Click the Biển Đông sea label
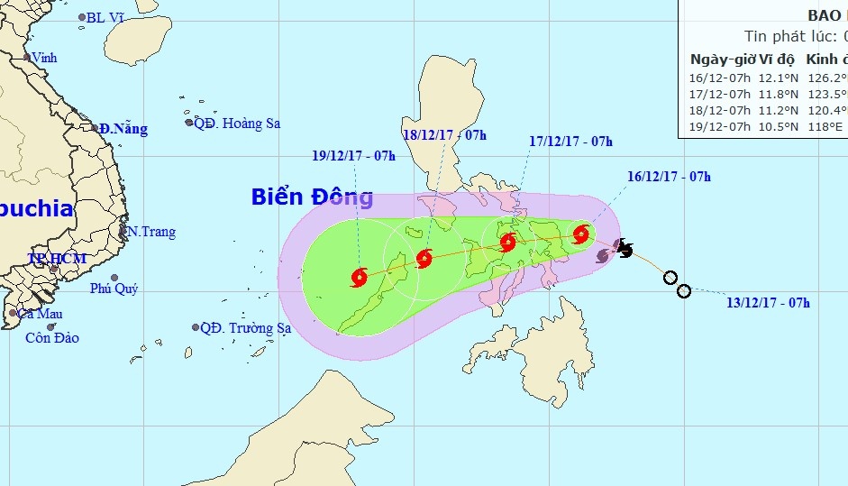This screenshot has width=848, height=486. pyautogui.click(x=312, y=197)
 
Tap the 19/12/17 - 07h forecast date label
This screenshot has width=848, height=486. pyautogui.click(x=354, y=155)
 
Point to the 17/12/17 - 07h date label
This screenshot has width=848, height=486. pyautogui.click(x=571, y=142)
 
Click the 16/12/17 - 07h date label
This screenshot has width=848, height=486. pyautogui.click(x=669, y=176)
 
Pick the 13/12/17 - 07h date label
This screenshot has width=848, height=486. pyautogui.click(x=768, y=303)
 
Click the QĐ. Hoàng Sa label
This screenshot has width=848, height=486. pyautogui.click(x=238, y=124)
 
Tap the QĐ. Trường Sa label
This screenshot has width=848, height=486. pyautogui.click(x=245, y=328)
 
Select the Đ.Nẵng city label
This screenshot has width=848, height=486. pyautogui.click(x=123, y=129)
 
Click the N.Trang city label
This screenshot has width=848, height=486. pyautogui.click(x=151, y=232)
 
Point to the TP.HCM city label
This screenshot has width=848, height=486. pyautogui.click(x=57, y=259)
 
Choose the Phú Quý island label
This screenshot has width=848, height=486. pyautogui.click(x=114, y=289)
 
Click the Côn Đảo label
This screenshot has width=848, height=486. pyautogui.click(x=52, y=338)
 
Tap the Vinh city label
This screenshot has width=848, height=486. pyautogui.click(x=44, y=58)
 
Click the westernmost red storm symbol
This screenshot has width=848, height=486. pyautogui.click(x=360, y=277)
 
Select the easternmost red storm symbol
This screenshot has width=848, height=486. pyautogui.click(x=581, y=234)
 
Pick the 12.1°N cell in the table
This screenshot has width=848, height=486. pyautogui.click(x=778, y=78)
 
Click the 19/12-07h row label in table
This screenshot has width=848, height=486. pyautogui.click(x=720, y=126)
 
